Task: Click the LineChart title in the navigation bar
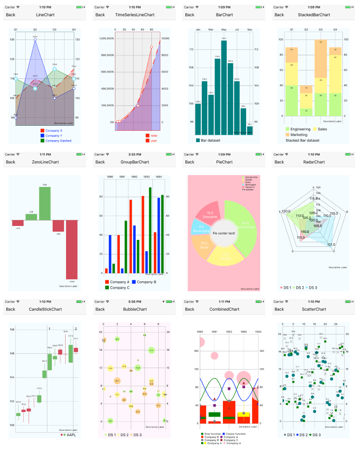tap(45, 15)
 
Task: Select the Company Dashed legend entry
tap(58, 141)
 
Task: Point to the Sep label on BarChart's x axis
tap(250, 30)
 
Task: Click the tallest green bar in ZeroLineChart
tap(45, 203)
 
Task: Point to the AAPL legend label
tap(71, 435)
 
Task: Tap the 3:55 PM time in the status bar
tap(134, 154)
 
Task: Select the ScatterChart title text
tap(314, 309)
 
